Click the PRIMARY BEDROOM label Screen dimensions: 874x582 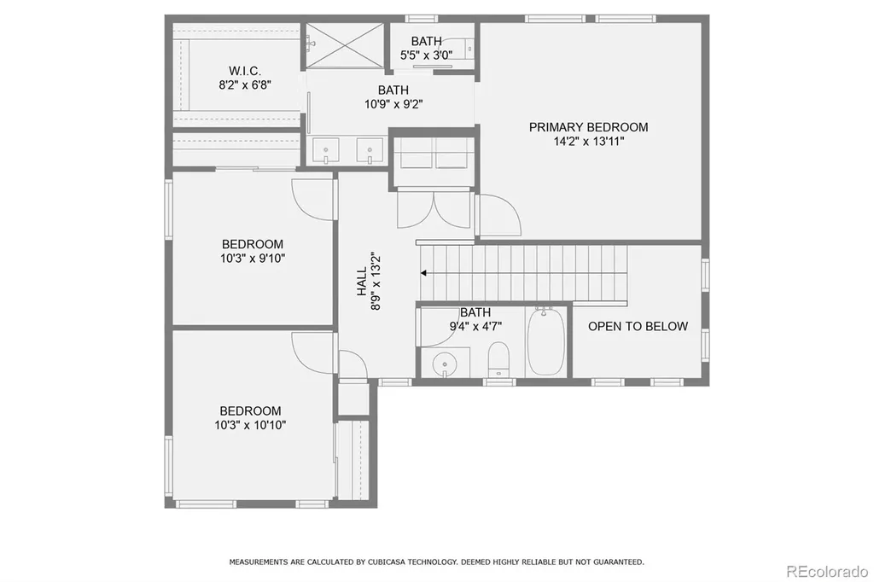[x=588, y=127]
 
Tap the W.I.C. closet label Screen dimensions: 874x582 [x=245, y=71]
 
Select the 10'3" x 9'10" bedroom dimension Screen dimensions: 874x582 [x=253, y=258]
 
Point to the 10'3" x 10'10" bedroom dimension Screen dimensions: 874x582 [x=250, y=425]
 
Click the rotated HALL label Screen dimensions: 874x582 [x=362, y=281]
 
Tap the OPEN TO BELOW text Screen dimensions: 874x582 [x=638, y=326]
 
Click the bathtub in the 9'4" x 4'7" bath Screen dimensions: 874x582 [x=546, y=341]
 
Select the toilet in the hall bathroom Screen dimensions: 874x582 [x=498, y=360]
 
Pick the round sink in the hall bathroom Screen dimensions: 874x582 [x=444, y=364]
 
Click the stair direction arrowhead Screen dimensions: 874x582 [x=423, y=273]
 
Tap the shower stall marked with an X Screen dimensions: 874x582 [x=345, y=45]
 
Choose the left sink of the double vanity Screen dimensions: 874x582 [x=325, y=150]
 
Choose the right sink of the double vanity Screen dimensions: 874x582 [x=370, y=150]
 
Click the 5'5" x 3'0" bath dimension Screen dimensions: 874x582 [x=427, y=55]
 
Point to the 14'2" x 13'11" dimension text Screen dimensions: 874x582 [x=589, y=141]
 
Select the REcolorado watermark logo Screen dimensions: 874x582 [x=827, y=571]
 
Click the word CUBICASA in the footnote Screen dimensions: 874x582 [x=387, y=562]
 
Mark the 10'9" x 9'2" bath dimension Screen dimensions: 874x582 [x=393, y=104]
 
